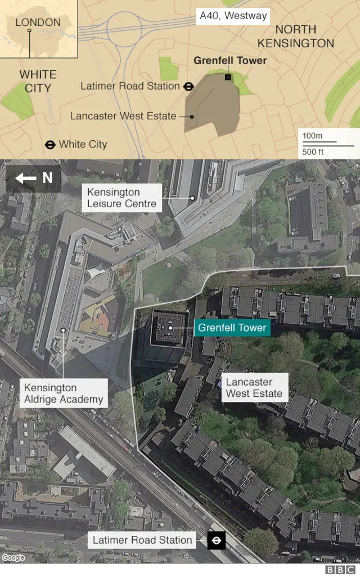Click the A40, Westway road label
(x=233, y=16)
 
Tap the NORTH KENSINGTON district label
(x=295, y=36)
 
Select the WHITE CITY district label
(x=38, y=81)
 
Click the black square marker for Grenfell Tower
(x=228, y=77)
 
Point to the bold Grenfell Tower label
(x=230, y=61)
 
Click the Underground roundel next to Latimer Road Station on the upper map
(x=188, y=87)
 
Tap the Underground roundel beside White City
(x=50, y=145)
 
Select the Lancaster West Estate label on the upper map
(x=123, y=116)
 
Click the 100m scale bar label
(x=313, y=136)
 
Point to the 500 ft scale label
(x=313, y=152)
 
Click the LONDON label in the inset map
(x=38, y=23)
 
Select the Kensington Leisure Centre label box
(x=121, y=198)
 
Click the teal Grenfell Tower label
(x=232, y=328)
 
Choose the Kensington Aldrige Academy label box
(x=64, y=393)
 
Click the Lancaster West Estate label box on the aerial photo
(x=254, y=388)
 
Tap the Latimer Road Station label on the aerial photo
(x=142, y=540)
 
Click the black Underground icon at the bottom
(x=216, y=541)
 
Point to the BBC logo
(x=337, y=570)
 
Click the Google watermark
(x=13, y=558)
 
